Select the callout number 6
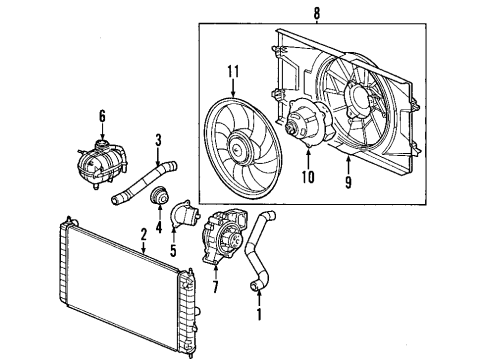tap(102, 116)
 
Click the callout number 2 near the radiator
tap(144, 235)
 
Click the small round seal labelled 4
tap(157, 203)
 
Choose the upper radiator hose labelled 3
tap(140, 180)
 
